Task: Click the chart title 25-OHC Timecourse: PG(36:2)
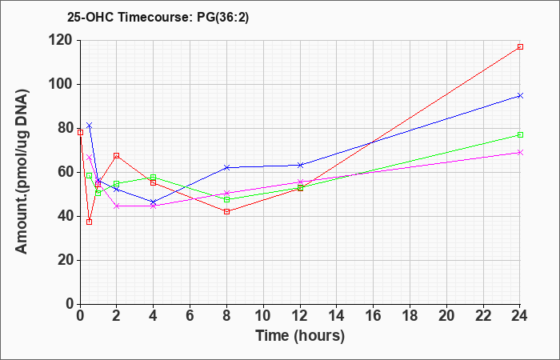point(158,17)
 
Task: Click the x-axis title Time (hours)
point(300,336)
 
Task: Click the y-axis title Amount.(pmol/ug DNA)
point(22,171)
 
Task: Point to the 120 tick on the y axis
point(62,41)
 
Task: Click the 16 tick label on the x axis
point(374,316)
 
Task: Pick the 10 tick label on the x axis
point(263,316)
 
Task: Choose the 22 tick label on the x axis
point(483,316)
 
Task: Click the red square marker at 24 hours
point(520,46)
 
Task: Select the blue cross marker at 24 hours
point(520,96)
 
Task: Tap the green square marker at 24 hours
point(520,134)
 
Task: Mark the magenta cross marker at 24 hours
point(520,153)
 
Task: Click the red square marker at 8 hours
point(226,211)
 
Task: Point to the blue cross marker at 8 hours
point(226,167)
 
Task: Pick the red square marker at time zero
point(80,133)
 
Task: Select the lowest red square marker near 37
point(90,222)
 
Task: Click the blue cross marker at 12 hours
point(300,165)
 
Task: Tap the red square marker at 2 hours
point(117,156)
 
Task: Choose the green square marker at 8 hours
point(226,199)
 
